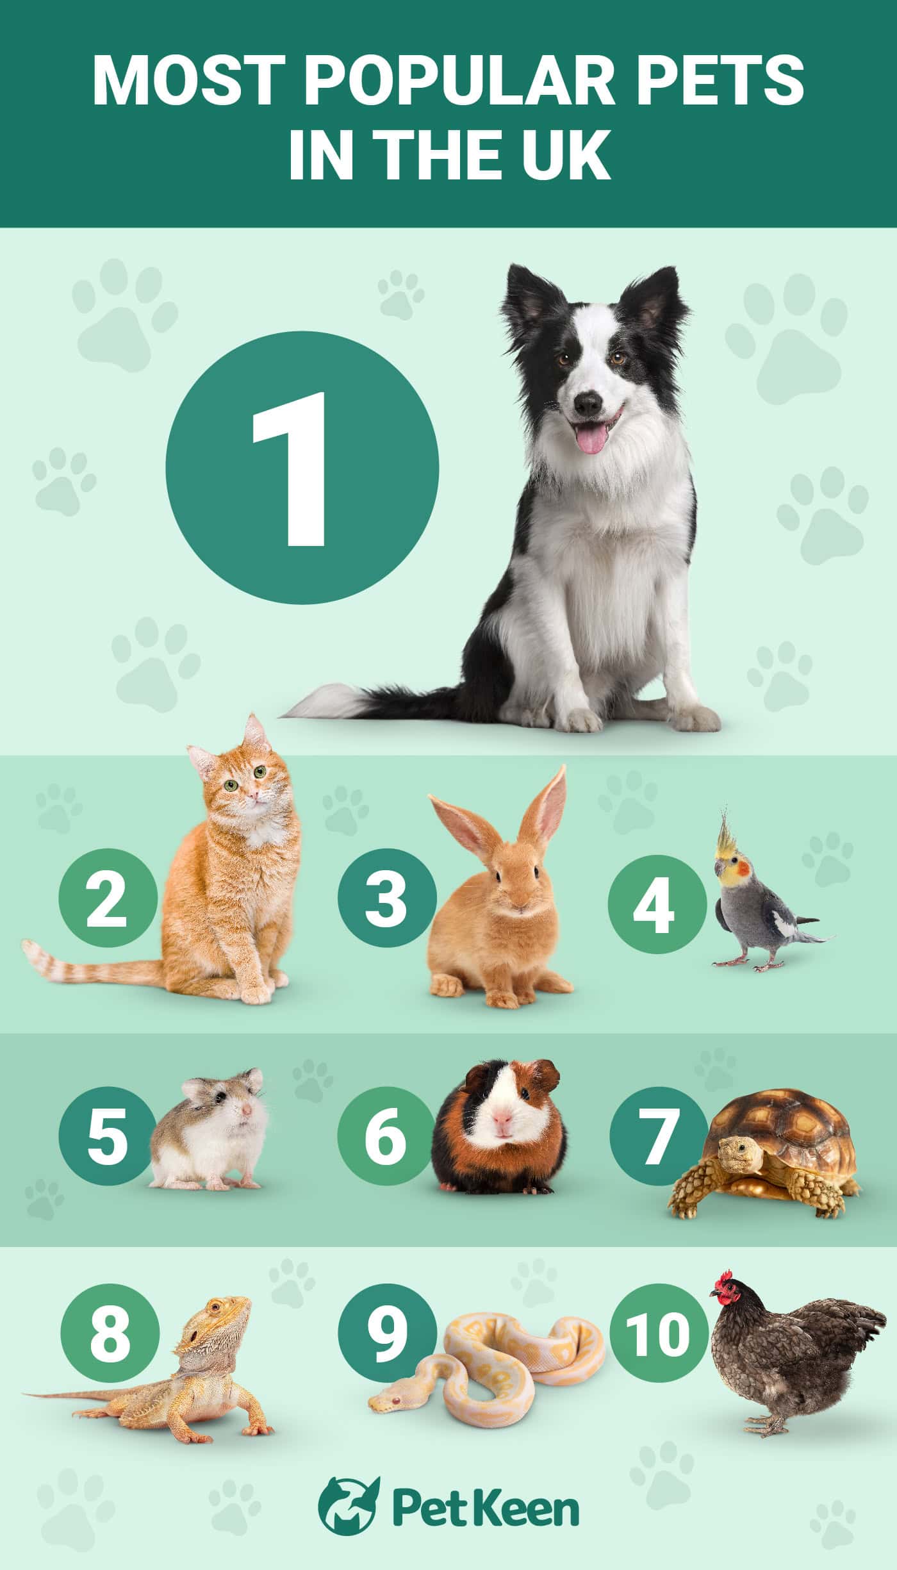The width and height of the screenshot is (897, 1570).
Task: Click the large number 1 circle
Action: tap(302, 468)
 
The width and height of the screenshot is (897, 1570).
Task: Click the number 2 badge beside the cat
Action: tap(107, 898)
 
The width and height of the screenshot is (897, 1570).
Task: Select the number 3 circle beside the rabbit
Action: tap(387, 898)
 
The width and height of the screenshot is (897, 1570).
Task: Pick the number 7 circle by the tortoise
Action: tap(656, 1136)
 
